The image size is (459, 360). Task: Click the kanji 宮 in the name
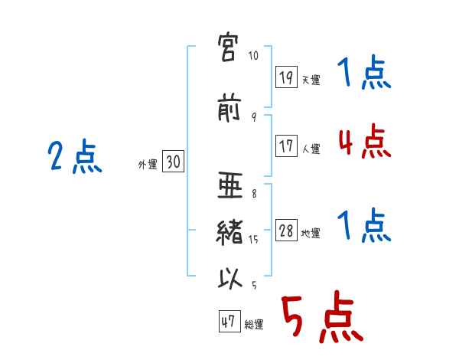click(x=228, y=47)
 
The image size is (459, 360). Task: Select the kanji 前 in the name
click(x=229, y=107)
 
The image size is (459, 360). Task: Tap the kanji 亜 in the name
click(x=230, y=185)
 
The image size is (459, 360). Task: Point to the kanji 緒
click(x=229, y=232)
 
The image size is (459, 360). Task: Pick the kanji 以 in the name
click(x=230, y=278)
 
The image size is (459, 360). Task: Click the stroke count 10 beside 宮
click(x=253, y=55)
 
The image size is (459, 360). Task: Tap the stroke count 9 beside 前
click(x=254, y=117)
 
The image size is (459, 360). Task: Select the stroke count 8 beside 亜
click(x=254, y=194)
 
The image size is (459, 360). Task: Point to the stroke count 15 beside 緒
click(x=253, y=240)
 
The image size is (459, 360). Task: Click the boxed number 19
click(x=286, y=77)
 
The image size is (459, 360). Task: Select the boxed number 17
click(x=286, y=146)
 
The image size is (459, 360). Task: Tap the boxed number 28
click(x=286, y=230)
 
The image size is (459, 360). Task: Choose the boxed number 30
click(x=173, y=161)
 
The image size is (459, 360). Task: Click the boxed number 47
click(x=229, y=321)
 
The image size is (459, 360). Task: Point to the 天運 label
click(x=311, y=80)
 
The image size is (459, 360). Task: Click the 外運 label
click(x=148, y=165)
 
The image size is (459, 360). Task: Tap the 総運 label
click(x=254, y=324)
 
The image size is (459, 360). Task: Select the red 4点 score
click(x=365, y=141)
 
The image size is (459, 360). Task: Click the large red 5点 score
click(x=323, y=316)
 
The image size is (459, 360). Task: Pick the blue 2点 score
click(x=75, y=156)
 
